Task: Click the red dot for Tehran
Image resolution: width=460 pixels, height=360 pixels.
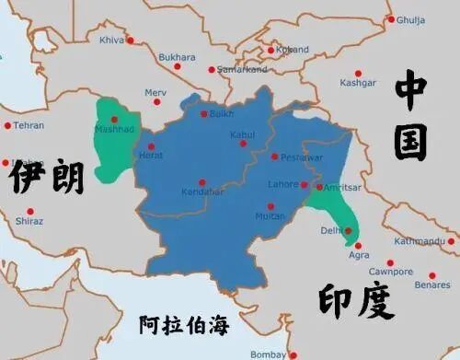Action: [7, 125]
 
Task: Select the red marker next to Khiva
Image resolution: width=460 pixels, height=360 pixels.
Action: [130, 40]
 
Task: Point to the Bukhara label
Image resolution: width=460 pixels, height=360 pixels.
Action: [177, 57]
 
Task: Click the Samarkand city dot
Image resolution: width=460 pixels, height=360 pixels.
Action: [212, 69]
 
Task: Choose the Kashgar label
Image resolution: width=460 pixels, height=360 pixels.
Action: [358, 83]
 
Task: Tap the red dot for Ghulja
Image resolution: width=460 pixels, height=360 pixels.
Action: [391, 19]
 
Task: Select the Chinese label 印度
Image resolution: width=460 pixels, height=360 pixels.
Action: [356, 302]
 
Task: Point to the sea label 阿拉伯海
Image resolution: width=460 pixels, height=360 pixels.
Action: [183, 325]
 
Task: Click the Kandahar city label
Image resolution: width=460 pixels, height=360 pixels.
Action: [203, 192]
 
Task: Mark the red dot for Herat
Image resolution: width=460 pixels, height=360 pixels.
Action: [144, 146]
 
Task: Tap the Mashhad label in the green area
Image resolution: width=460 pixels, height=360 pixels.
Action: [114, 129]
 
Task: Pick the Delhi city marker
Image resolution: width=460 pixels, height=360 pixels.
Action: [348, 230]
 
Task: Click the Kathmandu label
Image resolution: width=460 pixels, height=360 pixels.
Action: [420, 241]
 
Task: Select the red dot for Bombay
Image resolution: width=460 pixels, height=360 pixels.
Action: [292, 354]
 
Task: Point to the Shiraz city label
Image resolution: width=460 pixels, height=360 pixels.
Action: [29, 221]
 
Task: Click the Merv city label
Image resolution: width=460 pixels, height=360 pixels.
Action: [156, 92]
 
